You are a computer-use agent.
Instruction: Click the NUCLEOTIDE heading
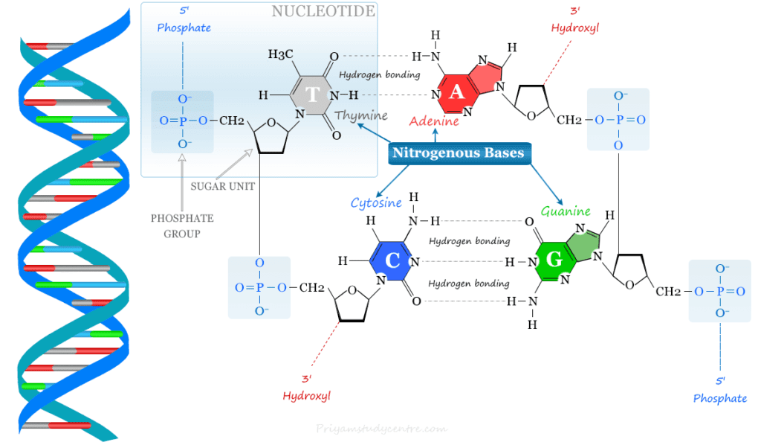click(323, 12)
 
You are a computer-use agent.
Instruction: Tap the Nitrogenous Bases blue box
click(458, 153)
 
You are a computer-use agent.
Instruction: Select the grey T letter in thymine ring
click(313, 95)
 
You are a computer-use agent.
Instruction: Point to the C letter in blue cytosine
click(393, 260)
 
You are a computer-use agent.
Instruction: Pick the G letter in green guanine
click(553, 261)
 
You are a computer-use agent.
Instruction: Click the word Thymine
click(361, 116)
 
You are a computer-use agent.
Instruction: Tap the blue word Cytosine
click(376, 202)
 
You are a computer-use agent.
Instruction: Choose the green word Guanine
click(566, 211)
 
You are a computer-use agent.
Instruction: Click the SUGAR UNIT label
click(223, 186)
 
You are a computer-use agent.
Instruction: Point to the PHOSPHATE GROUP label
click(182, 225)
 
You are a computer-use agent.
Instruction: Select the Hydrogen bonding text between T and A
click(379, 75)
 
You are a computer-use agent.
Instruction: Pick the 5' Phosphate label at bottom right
click(719, 391)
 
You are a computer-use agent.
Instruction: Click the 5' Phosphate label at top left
click(178, 21)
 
